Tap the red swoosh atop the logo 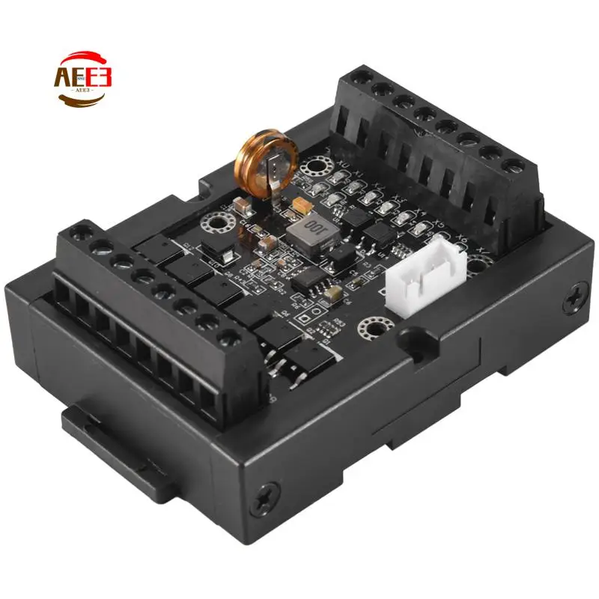pos(83,58)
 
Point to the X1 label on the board pos(360,174)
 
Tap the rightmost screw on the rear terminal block pos(516,165)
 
